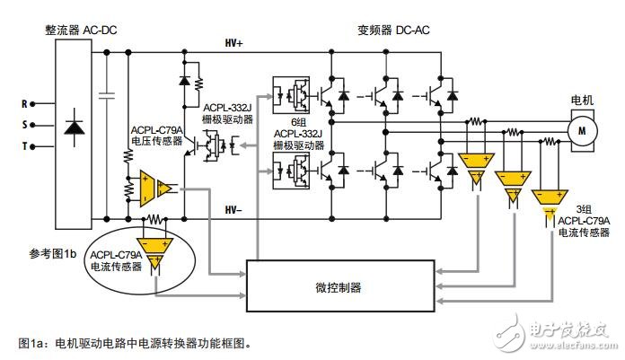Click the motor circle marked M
click(582, 132)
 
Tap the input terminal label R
click(24, 103)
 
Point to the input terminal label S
click(24, 124)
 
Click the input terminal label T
click(24, 145)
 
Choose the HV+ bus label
click(235, 42)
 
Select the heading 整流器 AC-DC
click(81, 29)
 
